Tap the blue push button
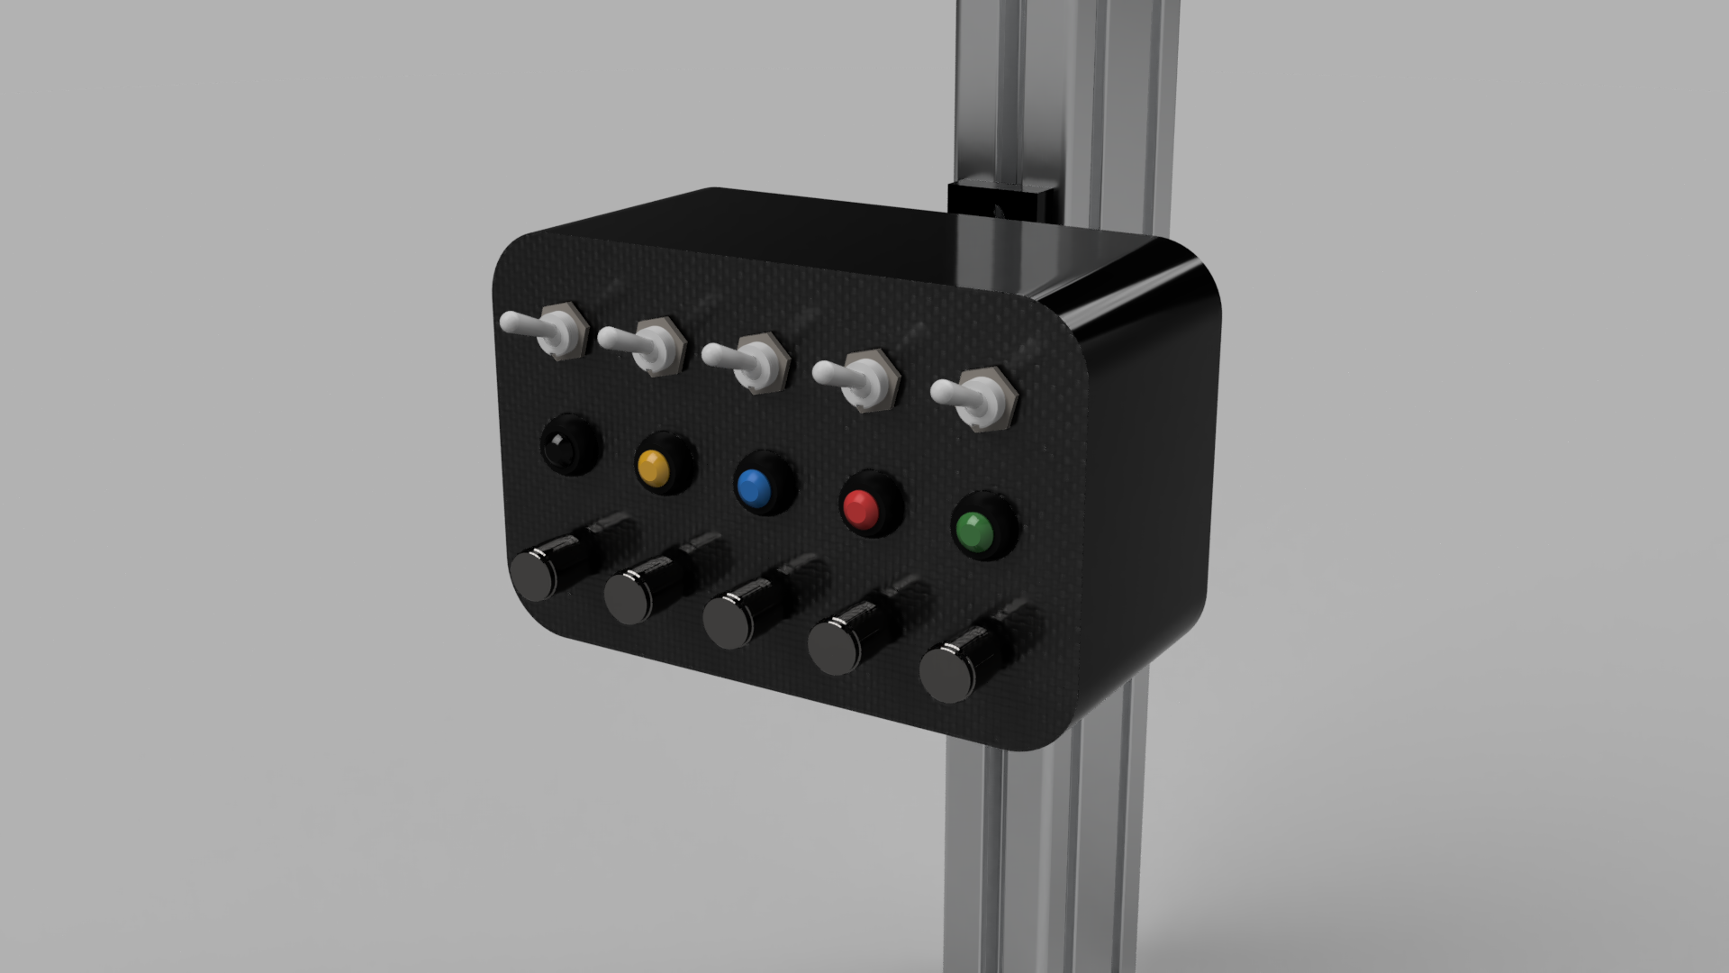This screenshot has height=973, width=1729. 754,487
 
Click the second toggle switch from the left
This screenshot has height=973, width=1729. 644,346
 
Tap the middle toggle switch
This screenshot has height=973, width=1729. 747,362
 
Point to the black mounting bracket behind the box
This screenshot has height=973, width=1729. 1000,204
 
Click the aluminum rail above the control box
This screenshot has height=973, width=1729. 1063,90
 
